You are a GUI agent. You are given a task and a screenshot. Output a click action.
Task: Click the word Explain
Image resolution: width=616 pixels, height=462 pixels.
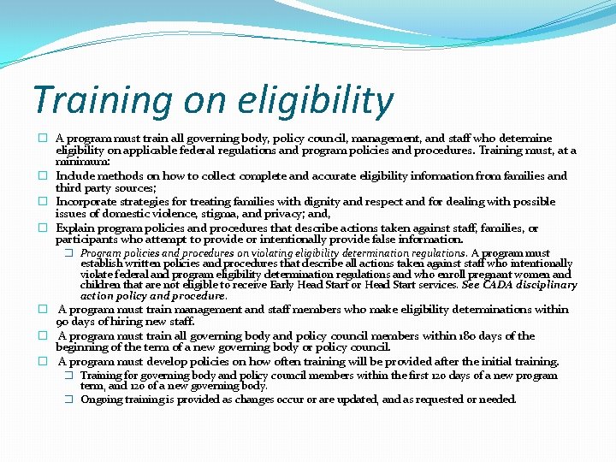click(75, 228)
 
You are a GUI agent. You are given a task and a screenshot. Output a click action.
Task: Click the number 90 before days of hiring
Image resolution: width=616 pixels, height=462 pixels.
click(63, 322)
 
